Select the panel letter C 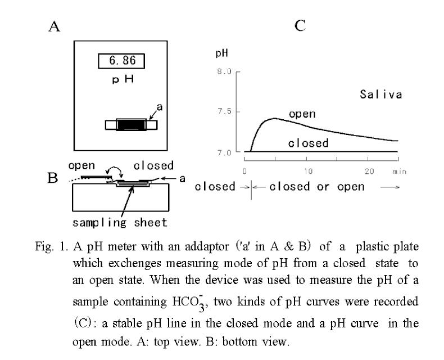[301, 26]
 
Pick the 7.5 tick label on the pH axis [225, 112]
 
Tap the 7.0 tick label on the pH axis [225, 152]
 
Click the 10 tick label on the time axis [308, 170]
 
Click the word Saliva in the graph [381, 95]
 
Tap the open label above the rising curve [302, 114]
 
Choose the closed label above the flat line [308, 143]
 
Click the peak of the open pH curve [274, 118]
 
